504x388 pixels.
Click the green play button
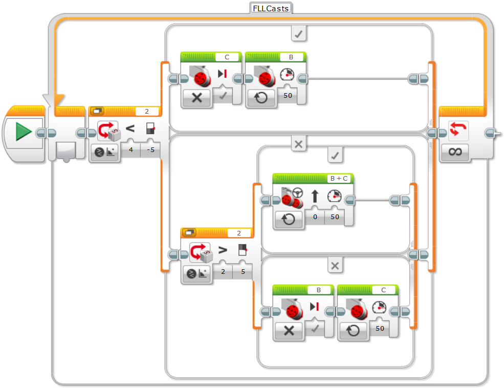24,133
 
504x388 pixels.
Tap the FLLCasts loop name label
271,8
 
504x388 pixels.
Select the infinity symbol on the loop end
455,152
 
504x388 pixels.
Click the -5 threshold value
150,150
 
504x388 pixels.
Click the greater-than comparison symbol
223,250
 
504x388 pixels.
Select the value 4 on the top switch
131,150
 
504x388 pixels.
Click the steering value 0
315,217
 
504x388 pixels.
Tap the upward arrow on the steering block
315,196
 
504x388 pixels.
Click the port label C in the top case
227,57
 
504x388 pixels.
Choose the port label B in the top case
291,57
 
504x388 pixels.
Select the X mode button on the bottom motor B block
289,330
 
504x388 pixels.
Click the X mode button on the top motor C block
197,98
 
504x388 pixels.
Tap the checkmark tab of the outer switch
299,34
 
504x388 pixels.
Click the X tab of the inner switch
335,265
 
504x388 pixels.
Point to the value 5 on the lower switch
243,271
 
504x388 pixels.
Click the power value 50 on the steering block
335,217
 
